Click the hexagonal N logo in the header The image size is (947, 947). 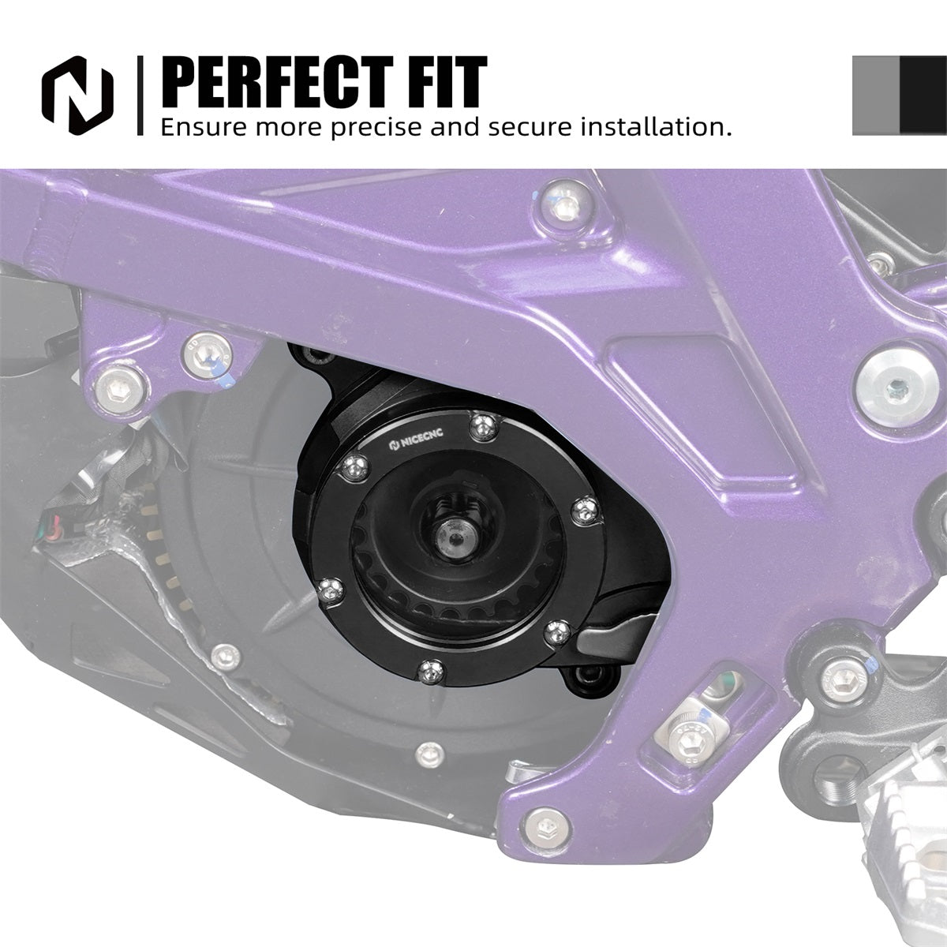click(x=77, y=95)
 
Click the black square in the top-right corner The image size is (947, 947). click(x=923, y=95)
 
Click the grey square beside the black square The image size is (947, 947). click(x=876, y=95)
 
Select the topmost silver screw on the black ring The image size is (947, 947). click(x=484, y=425)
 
